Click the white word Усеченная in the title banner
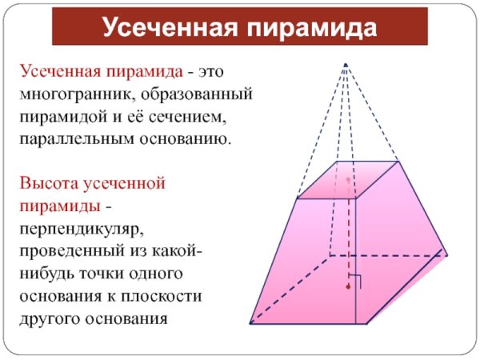point(170,27)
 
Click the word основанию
point(185,139)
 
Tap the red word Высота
point(49,183)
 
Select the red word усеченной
point(124,184)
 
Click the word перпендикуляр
point(82,229)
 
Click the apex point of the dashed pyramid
point(346,65)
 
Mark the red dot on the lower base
point(348,286)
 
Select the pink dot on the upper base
point(348,180)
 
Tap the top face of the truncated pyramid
point(348,180)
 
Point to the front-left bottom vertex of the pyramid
point(250,323)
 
